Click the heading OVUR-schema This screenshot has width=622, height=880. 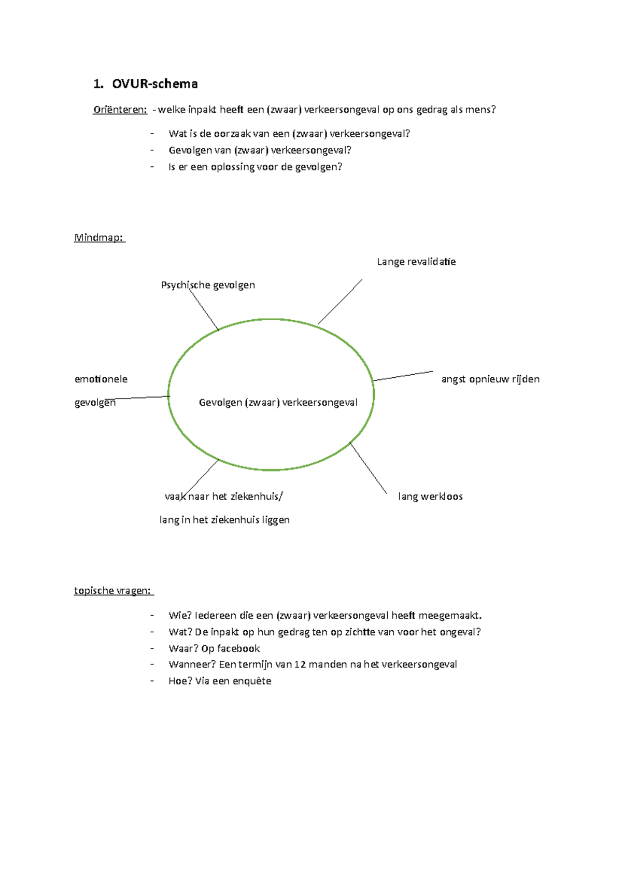pyautogui.click(x=154, y=84)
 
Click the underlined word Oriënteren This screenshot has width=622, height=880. pyautogui.click(x=120, y=109)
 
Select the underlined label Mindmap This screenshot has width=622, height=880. pyautogui.click(x=99, y=238)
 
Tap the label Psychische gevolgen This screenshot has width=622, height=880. pyautogui.click(x=208, y=285)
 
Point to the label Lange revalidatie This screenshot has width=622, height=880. pyautogui.click(x=416, y=262)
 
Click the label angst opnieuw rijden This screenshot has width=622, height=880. pyautogui.click(x=490, y=379)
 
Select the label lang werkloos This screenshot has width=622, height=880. pyautogui.click(x=430, y=496)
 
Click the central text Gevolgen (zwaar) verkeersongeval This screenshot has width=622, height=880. pyautogui.click(x=278, y=403)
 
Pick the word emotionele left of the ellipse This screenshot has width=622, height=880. pyautogui.click(x=101, y=379)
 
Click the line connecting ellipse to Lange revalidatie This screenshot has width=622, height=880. pyautogui.click(x=340, y=302)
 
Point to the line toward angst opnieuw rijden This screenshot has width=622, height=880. pyautogui.click(x=403, y=376)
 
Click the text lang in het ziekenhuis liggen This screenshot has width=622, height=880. pyautogui.click(x=224, y=520)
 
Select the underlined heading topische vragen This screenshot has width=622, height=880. pyautogui.click(x=112, y=591)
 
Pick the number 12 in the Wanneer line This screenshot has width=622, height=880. pyautogui.click(x=300, y=664)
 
